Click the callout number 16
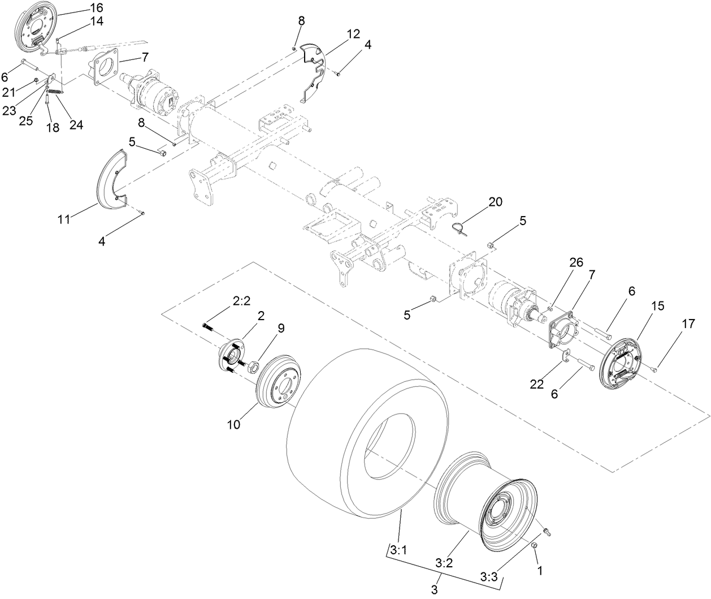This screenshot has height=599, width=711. pos(97,7)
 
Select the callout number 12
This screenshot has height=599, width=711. pos(353,34)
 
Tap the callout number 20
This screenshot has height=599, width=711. pos(496,202)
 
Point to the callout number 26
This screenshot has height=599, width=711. pos(575,262)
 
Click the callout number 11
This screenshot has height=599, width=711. pos(63,219)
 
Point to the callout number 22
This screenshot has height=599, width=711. pos(536,384)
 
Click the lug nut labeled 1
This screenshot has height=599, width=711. pos(534,545)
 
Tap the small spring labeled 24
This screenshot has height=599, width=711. pos(54,92)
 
